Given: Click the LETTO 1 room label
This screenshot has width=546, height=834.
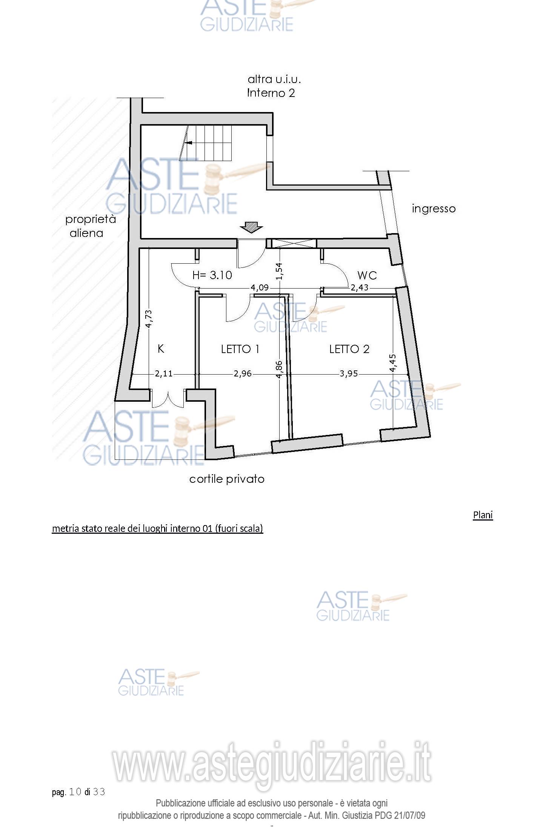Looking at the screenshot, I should pyautogui.click(x=240, y=349).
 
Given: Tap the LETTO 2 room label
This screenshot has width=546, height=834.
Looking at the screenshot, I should pyautogui.click(x=349, y=349).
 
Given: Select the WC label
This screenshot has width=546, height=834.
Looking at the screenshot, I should pyautogui.click(x=367, y=275).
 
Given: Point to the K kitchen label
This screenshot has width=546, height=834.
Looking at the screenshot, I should pyautogui.click(x=161, y=349).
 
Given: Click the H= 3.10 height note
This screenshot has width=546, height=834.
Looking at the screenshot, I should pyautogui.click(x=212, y=275).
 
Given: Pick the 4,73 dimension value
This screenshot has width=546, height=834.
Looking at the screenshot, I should pyautogui.click(x=149, y=318).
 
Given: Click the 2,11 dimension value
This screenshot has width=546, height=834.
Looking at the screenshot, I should pyautogui.click(x=164, y=374).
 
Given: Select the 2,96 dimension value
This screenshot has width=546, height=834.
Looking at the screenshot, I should pyautogui.click(x=242, y=374).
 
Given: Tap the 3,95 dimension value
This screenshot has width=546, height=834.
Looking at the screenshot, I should pyautogui.click(x=349, y=374).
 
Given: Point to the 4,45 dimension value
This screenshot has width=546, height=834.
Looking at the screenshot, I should pyautogui.click(x=393, y=363).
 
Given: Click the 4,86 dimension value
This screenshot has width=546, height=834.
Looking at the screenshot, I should pyautogui.click(x=279, y=370).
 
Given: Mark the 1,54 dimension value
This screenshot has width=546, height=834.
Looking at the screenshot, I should pyautogui.click(x=279, y=271).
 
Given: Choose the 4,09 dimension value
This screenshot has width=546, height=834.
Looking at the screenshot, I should pyautogui.click(x=260, y=288).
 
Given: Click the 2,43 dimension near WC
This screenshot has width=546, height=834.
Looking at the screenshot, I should pyautogui.click(x=359, y=288).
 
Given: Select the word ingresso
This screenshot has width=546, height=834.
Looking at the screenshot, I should pyautogui.click(x=434, y=209).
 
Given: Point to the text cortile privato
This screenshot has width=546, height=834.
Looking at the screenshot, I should pyautogui.click(x=227, y=479).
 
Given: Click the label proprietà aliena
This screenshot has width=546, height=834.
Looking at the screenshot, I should pyautogui.click(x=90, y=226).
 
